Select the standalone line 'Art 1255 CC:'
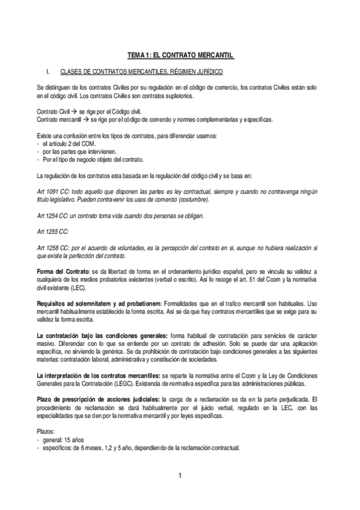pos(53,230)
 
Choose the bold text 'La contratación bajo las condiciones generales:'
pos(102,334)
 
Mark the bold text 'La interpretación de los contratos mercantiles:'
pos(99,375)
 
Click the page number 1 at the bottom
pos(180,477)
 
